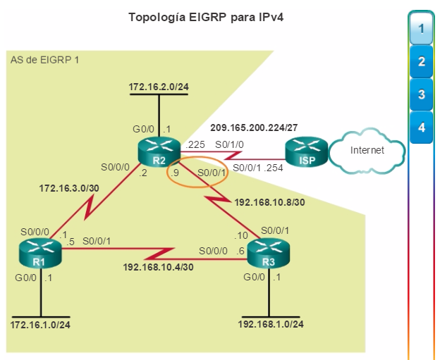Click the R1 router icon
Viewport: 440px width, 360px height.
coord(40,253)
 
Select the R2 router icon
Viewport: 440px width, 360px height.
coord(159,151)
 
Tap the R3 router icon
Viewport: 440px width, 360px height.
coord(268,253)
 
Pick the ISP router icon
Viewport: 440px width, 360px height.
coord(307,151)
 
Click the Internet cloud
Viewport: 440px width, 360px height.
coord(367,150)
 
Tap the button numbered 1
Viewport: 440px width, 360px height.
coord(421,28)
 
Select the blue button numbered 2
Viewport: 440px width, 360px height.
coord(421,61)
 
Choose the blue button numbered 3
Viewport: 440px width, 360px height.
coord(421,94)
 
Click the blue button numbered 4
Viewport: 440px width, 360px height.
coord(421,128)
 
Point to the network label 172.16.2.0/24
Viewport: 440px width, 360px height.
coord(159,87)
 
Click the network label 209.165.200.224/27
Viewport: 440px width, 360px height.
coord(254,128)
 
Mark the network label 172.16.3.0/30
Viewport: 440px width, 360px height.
coord(69,188)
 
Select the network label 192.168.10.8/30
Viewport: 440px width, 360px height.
coord(269,202)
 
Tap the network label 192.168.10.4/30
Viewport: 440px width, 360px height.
coord(158,267)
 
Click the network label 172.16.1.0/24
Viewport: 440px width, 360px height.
coord(40,325)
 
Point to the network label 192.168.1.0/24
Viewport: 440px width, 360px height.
coord(271,324)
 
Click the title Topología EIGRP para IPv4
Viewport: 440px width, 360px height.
coord(206,18)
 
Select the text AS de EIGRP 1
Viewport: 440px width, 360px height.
coord(44,60)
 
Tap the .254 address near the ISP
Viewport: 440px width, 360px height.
coord(274,168)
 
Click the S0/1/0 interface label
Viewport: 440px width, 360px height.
coord(229,144)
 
